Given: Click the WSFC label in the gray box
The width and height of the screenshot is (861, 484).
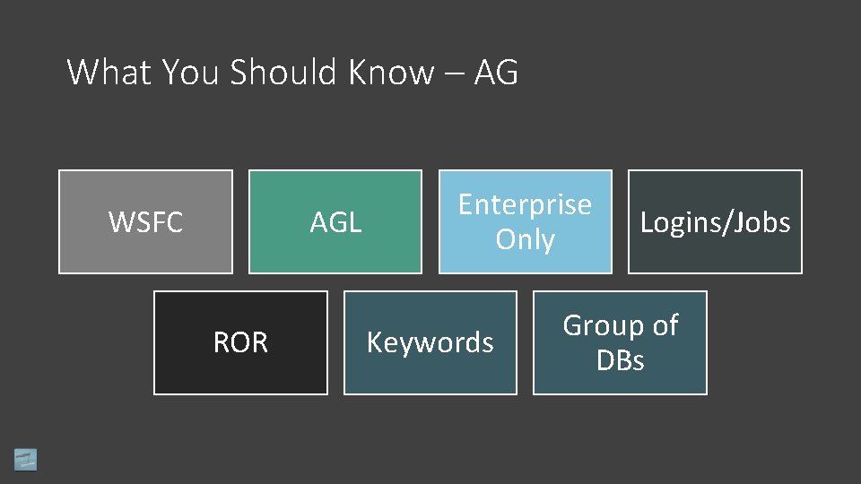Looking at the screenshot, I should coord(145,222).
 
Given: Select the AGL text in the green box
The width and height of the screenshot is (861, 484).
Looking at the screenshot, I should coord(335,222).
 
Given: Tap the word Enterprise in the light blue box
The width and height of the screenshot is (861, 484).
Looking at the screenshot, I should coord(525,204).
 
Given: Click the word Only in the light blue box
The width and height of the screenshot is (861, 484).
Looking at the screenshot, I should coord(525,240).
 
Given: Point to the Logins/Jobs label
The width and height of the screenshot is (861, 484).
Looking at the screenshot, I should coord(715,222).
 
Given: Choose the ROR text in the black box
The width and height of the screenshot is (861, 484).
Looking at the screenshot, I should coord(240,342).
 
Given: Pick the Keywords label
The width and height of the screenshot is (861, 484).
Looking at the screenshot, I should coord(430,342).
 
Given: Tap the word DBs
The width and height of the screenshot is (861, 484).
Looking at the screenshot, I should coord(620,360).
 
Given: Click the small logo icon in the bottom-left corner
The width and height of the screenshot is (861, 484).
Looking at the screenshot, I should coord(26,459).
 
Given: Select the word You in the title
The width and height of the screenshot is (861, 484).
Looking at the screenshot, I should coord(191,73).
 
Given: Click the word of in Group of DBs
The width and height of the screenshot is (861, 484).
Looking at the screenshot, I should coord(665,325).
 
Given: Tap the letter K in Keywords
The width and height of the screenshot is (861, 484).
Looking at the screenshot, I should coord(374,342).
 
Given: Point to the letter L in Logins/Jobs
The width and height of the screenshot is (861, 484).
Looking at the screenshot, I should coord(646,222).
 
